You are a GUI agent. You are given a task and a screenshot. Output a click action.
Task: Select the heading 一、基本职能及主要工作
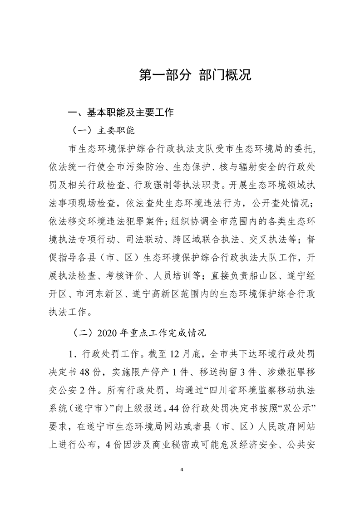120,113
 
